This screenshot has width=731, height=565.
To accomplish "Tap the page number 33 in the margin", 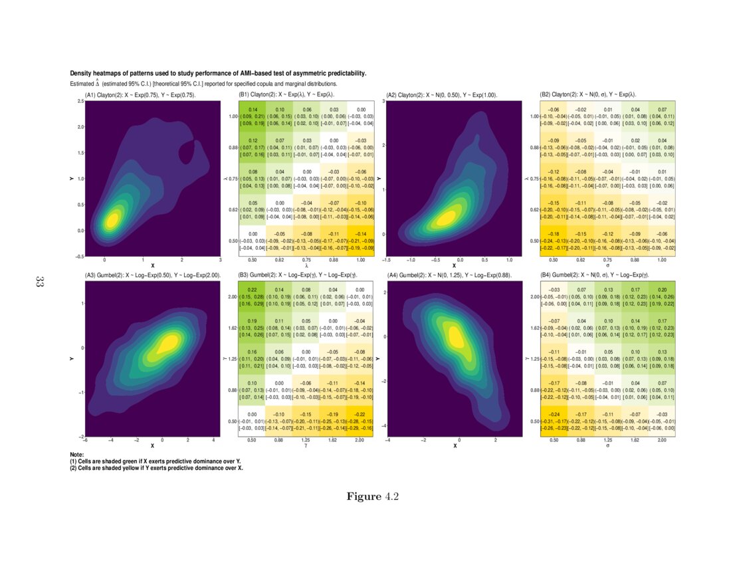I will click(x=39, y=282).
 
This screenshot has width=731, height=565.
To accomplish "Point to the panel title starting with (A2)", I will click(x=442, y=95).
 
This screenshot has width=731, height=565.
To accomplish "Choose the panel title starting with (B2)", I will click(x=587, y=95).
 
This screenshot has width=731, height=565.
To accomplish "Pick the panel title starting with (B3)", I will click(x=302, y=275).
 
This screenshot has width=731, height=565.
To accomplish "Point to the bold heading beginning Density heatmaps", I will click(x=219, y=73).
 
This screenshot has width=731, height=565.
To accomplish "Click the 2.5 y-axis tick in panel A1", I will click(x=80, y=101).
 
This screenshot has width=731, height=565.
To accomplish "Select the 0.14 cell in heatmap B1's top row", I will click(x=253, y=117).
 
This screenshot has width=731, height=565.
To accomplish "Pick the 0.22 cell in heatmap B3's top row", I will click(x=253, y=296).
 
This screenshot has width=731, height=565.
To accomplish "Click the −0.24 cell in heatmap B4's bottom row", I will click(x=553, y=421).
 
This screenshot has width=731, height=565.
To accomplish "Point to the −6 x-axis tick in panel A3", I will click(x=86, y=440).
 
